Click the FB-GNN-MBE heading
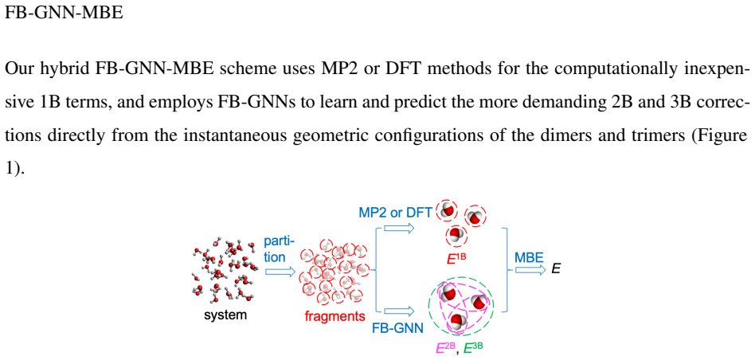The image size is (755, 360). (64, 13)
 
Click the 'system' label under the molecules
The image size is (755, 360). (225, 315)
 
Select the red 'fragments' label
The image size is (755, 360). (335, 317)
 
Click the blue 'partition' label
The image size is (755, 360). (280, 248)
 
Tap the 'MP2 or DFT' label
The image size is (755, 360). (395, 211)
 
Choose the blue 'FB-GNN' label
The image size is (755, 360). (397, 329)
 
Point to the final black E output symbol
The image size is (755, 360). (556, 268)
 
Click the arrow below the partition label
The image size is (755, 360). (280, 272)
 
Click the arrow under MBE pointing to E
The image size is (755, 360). (530, 269)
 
